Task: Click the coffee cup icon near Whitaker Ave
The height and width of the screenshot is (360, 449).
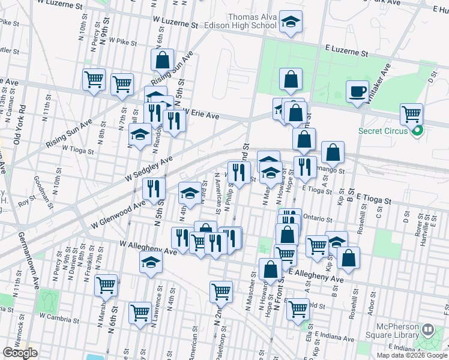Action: (x=357, y=91)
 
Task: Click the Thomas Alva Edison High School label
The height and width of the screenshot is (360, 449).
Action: (x=252, y=22)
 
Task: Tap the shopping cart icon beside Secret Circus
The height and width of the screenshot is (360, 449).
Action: (x=411, y=114)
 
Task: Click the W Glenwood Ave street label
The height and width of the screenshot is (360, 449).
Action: (x=119, y=215)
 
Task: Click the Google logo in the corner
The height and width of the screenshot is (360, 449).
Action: (x=20, y=353)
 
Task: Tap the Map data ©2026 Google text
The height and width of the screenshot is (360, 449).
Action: (x=411, y=355)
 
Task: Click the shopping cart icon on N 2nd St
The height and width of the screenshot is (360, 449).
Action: (x=221, y=292)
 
